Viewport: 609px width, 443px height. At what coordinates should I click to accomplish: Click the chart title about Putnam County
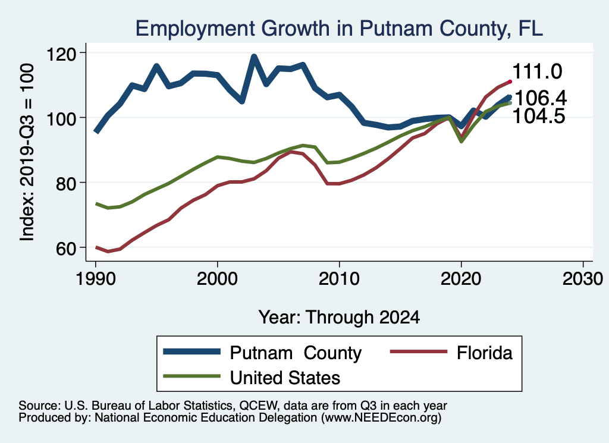tap(339, 28)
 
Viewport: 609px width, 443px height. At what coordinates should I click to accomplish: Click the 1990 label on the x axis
tap(95, 279)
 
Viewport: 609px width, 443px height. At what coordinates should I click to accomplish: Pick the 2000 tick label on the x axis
tap(217, 279)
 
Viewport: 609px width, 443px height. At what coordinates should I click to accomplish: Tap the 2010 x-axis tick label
tap(339, 279)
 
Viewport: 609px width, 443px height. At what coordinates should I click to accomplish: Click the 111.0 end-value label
tap(537, 72)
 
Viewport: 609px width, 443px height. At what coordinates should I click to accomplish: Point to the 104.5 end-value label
tap(538, 117)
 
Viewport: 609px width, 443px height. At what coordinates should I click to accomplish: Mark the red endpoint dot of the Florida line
tap(510, 81)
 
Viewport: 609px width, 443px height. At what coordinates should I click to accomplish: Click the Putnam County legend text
tap(296, 353)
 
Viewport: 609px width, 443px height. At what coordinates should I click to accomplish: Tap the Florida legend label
tap(484, 353)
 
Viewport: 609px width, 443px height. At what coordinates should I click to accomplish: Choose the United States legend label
tap(285, 377)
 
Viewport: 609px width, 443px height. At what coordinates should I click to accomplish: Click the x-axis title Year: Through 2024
tap(339, 317)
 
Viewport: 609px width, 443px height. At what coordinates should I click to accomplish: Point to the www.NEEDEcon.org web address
tap(381, 418)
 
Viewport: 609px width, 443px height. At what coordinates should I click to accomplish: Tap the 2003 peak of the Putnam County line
tap(254, 58)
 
